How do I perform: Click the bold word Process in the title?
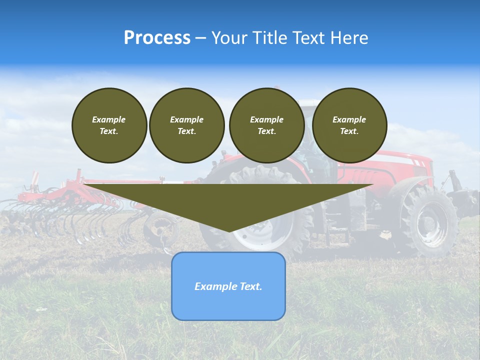[157, 38]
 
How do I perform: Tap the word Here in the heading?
[350, 38]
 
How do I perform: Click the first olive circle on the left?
[109, 125]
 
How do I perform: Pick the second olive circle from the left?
[186, 125]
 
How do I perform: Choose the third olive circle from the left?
[266, 125]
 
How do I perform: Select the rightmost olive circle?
[349, 125]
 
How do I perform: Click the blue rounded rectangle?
[228, 286]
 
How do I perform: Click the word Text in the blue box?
[251, 286]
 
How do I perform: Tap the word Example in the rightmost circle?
[349, 119]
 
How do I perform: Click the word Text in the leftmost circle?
[108, 131]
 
